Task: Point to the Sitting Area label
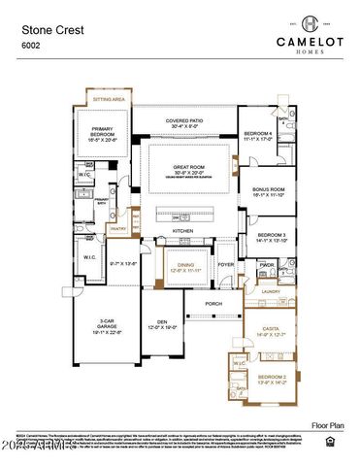click(107, 100)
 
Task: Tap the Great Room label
click(189, 169)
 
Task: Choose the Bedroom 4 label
click(257, 133)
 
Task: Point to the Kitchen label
click(182, 231)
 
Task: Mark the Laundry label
click(271, 290)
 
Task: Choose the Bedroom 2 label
click(270, 378)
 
